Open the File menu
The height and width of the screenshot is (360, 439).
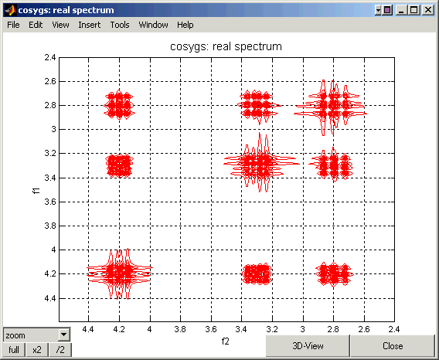tap(13, 25)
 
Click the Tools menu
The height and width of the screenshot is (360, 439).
tap(120, 25)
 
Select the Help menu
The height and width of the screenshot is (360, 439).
tap(185, 25)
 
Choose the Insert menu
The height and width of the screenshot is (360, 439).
tap(90, 25)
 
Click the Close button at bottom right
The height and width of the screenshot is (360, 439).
tap(393, 346)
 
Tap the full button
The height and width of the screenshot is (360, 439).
tap(14, 350)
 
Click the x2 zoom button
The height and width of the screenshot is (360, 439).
tap(37, 350)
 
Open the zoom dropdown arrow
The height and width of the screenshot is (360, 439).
tap(64, 335)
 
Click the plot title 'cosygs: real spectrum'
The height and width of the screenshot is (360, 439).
tap(226, 46)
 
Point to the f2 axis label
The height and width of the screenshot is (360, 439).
tap(226, 341)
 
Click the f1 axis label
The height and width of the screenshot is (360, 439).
tap(36, 191)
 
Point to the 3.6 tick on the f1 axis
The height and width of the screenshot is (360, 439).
tap(50, 202)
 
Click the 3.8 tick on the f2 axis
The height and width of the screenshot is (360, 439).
tap(180, 329)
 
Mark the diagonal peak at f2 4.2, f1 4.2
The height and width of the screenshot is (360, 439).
tap(120, 273)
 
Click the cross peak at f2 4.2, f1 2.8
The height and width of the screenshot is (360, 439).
tap(119, 105)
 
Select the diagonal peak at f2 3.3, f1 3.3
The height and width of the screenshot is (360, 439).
tap(260, 163)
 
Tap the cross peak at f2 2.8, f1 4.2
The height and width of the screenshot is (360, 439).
tap(335, 274)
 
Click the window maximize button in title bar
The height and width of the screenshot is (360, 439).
tap(414, 10)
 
